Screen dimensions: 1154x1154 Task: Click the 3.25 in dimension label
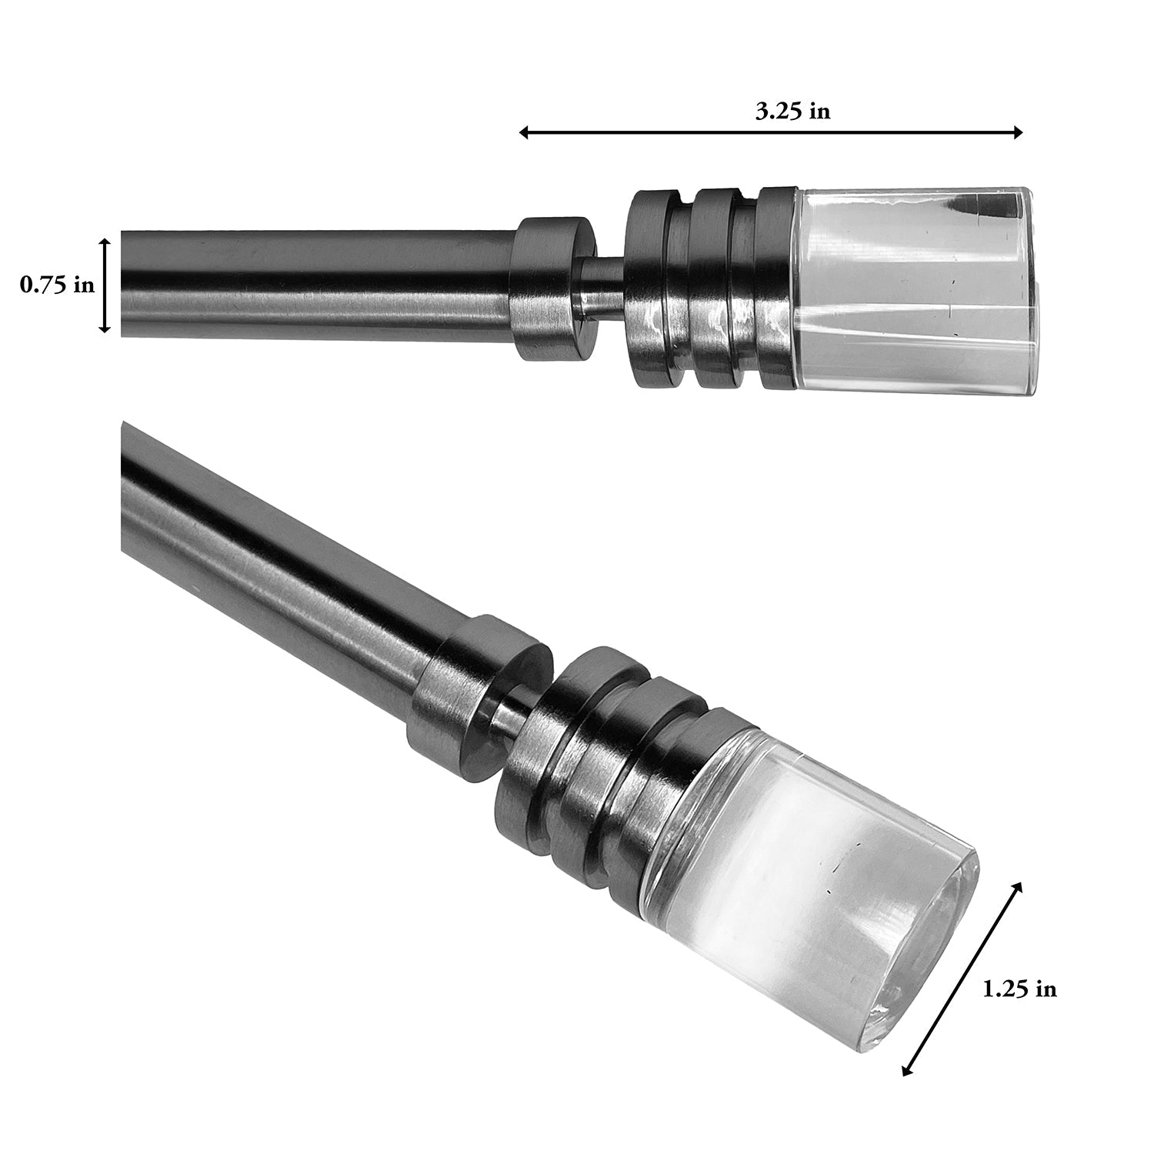[792, 112]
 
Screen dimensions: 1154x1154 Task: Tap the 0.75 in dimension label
[57, 285]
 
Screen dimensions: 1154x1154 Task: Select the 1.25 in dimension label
[1019, 989]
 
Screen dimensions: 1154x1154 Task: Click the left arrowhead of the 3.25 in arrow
[524, 133]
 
